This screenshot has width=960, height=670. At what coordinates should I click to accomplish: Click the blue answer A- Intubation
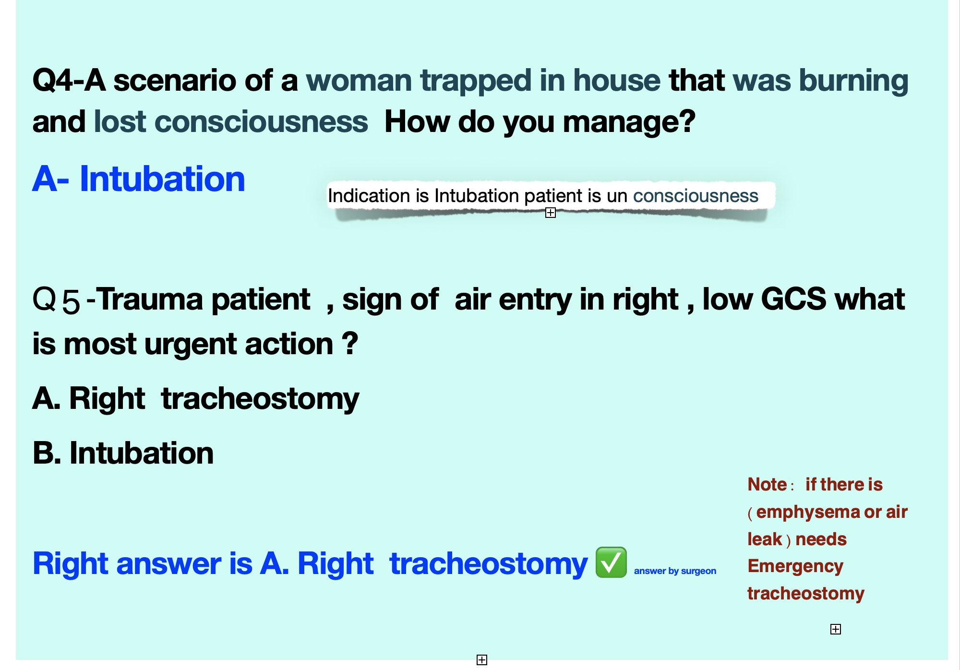click(139, 179)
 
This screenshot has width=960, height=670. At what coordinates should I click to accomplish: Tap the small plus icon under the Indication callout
click(551, 213)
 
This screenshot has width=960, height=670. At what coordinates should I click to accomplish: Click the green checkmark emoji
click(611, 562)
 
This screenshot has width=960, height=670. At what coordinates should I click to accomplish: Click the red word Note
click(767, 485)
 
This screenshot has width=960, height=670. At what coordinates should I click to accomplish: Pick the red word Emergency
click(795, 567)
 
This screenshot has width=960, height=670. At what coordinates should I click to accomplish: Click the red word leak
click(765, 539)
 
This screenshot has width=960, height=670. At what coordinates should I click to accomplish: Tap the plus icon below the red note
click(836, 629)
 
